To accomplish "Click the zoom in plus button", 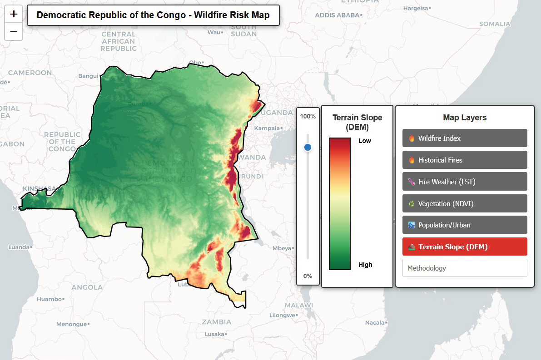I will click(14, 14).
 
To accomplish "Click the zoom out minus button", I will click(14, 32).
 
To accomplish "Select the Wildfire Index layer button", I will click(464, 138).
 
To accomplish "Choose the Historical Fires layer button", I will click(464, 160).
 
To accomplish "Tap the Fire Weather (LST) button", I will click(464, 182).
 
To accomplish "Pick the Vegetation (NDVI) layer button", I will click(464, 203).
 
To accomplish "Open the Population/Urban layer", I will click(464, 225).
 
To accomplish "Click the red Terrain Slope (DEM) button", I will click(464, 247).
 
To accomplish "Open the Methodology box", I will click(464, 268).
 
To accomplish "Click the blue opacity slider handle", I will click(308, 147).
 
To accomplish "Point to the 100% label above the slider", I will click(308, 116).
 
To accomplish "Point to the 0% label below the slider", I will click(308, 276).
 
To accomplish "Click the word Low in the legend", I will click(364, 141).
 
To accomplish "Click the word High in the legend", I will click(365, 265).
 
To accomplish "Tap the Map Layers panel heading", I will click(464, 118).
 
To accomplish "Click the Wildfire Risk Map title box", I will click(153, 15).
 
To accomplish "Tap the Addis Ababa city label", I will click(338, 15).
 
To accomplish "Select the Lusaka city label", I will click(214, 334).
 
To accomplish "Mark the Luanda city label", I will click(19, 247).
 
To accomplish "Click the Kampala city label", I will click(267, 128).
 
